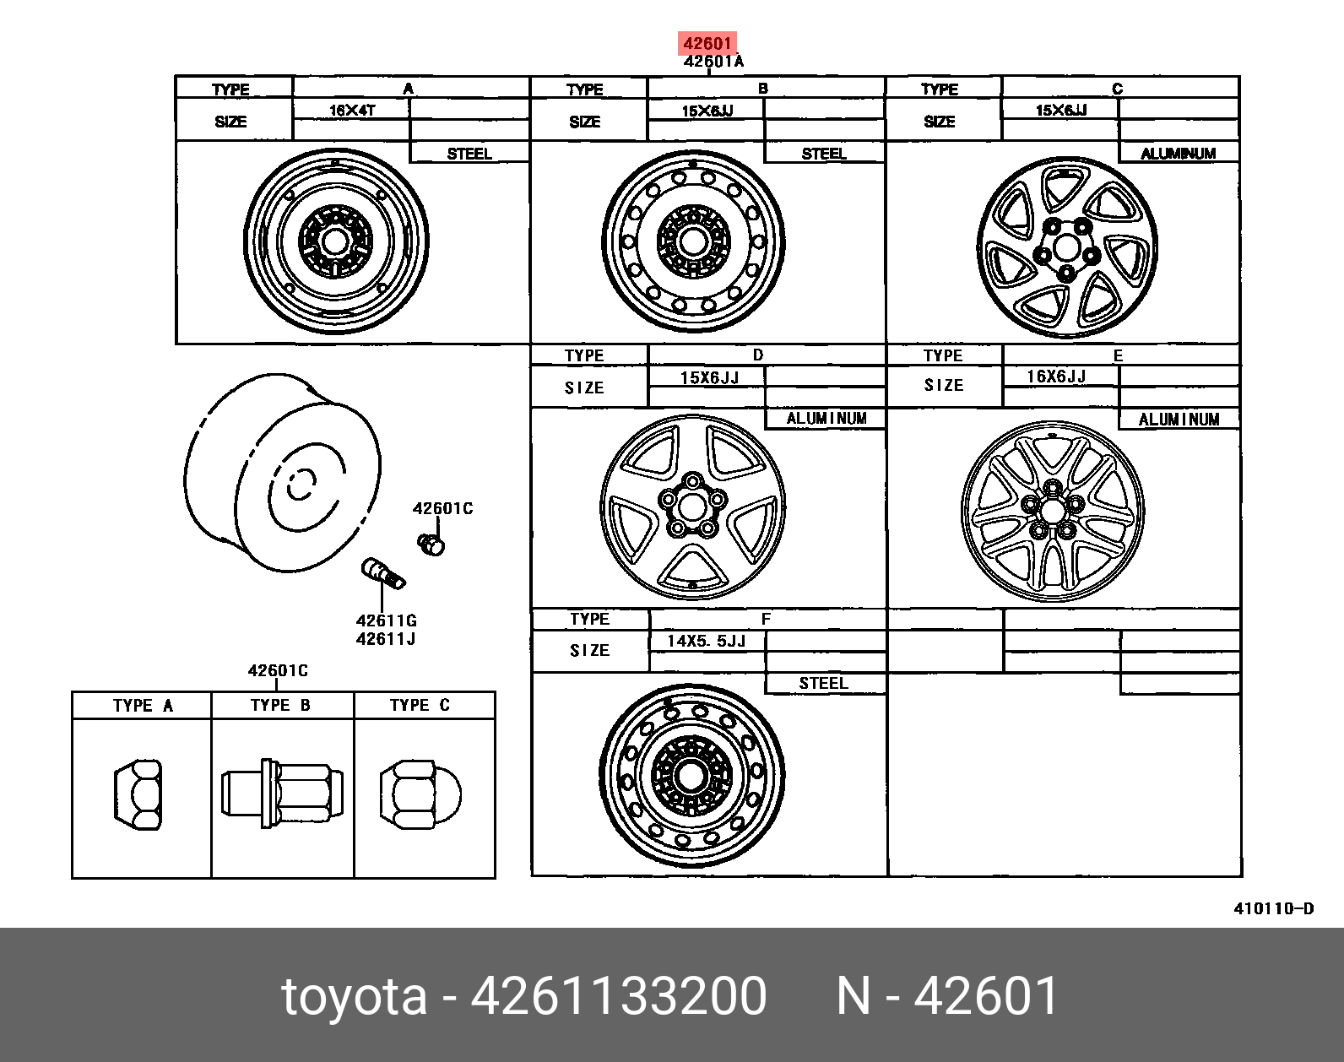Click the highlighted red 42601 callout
tap(707, 43)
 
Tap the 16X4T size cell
tap(352, 111)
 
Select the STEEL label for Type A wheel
tap(469, 154)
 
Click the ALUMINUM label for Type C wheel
tap(1178, 154)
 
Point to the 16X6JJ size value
tap(1056, 376)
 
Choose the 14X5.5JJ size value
tap(706, 641)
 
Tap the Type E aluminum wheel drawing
tap(1053, 511)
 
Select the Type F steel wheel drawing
tap(691, 776)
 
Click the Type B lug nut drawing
tap(282, 794)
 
